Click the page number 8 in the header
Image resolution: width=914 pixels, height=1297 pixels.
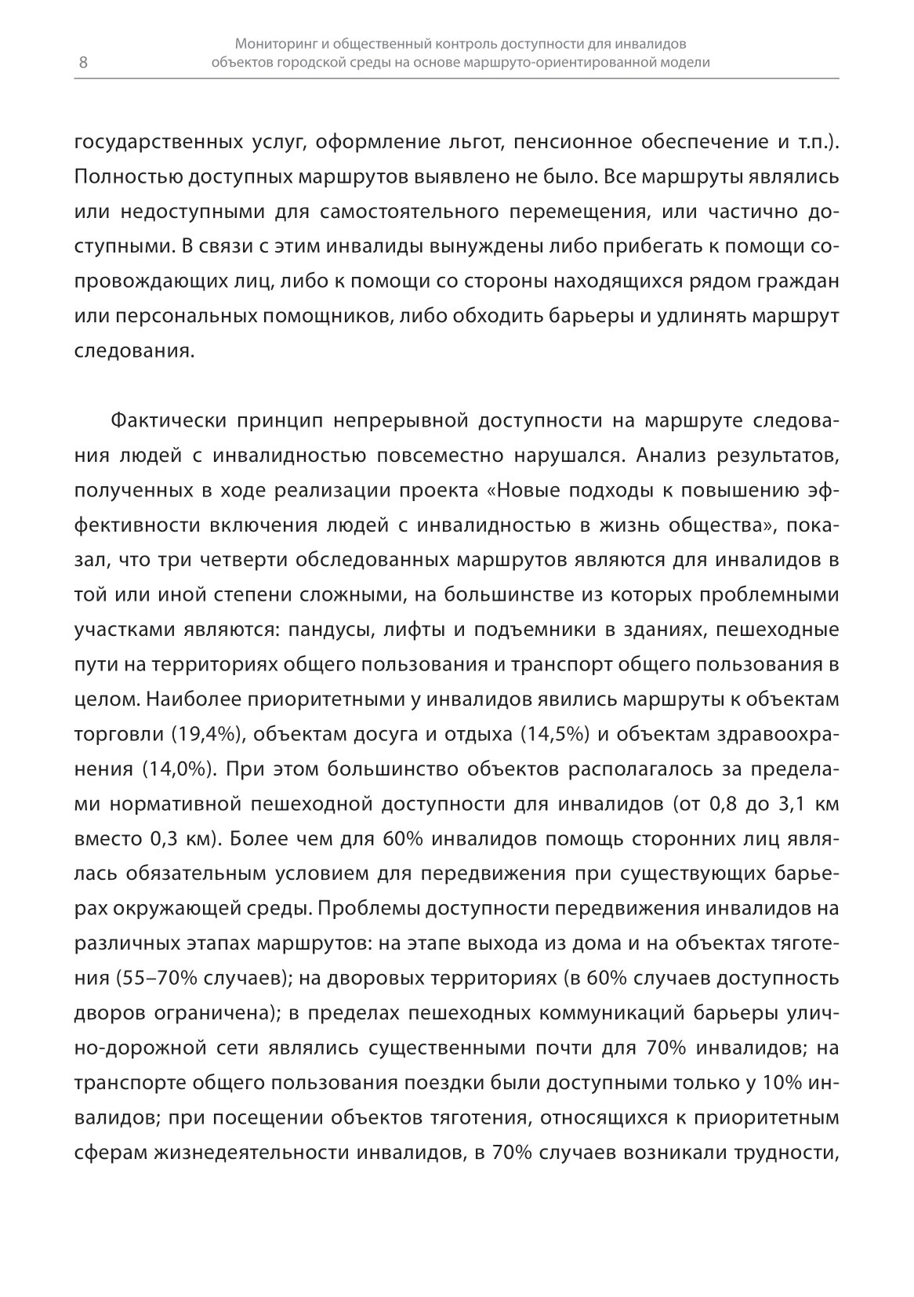[x=83, y=64]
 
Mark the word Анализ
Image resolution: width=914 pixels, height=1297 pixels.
[x=675, y=456]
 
